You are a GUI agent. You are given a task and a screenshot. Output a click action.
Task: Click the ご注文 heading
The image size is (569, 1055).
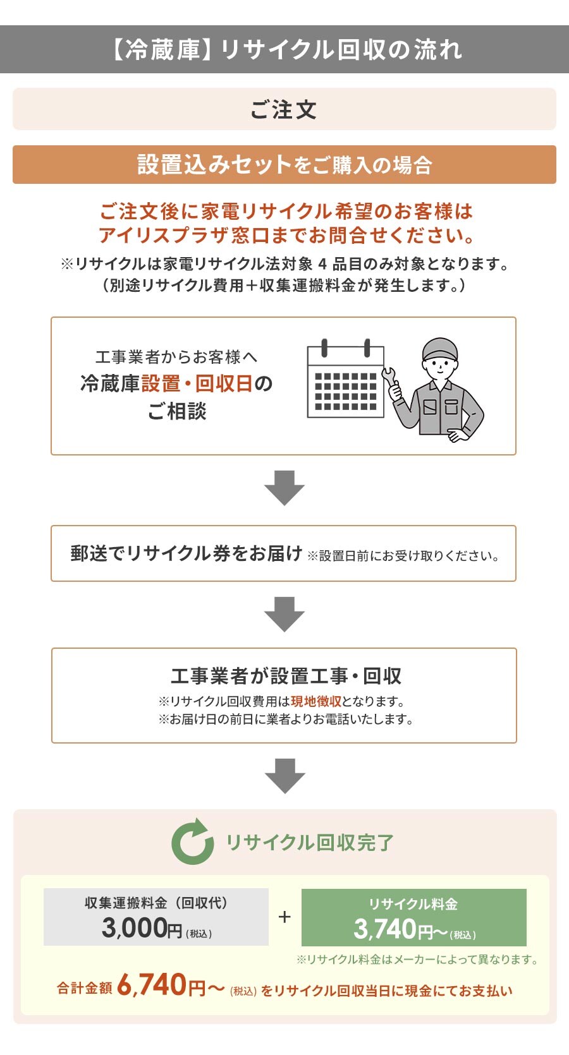[x=284, y=110]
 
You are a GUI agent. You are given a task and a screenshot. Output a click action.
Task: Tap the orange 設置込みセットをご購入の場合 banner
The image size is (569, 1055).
[x=284, y=165]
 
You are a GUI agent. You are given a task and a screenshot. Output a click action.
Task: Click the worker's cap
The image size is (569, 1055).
[x=439, y=349]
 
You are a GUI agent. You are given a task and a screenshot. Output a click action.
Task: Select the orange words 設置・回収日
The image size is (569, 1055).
[x=197, y=383]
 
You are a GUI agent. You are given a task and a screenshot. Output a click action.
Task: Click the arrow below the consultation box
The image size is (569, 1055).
[x=284, y=487]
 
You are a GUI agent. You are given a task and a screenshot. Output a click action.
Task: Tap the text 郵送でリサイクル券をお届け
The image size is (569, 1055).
[x=187, y=553]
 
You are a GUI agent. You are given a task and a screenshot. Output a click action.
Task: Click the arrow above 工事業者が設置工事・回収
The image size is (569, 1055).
[x=284, y=613]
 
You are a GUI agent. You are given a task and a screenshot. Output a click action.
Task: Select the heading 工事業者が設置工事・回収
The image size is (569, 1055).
[x=286, y=676]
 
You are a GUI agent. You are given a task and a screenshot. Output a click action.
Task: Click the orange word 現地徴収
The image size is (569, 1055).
[x=316, y=701]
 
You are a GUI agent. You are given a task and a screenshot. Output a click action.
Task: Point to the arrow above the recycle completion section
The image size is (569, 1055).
[x=284, y=775]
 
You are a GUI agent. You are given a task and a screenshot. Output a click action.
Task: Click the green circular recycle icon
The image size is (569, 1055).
[x=192, y=842]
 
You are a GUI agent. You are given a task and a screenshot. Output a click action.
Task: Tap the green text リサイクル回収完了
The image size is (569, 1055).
[x=310, y=843]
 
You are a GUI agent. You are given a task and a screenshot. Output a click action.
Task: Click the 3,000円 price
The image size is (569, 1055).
[x=142, y=928]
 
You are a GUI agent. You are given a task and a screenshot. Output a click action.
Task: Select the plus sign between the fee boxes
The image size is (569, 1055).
[x=284, y=917]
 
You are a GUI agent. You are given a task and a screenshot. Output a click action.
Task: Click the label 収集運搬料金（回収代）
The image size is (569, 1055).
[x=156, y=903]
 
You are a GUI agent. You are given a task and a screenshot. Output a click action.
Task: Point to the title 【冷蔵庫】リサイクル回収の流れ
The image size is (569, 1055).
[x=284, y=50]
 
